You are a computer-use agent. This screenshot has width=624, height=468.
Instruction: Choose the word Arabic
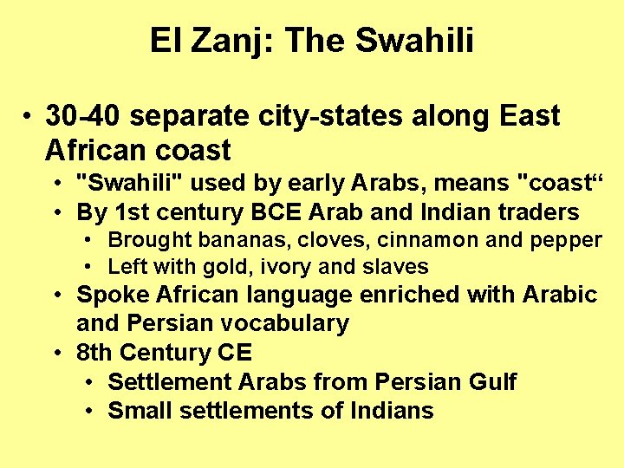[x=560, y=295]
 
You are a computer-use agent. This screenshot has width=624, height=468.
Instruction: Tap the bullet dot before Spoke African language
[x=56, y=296]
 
